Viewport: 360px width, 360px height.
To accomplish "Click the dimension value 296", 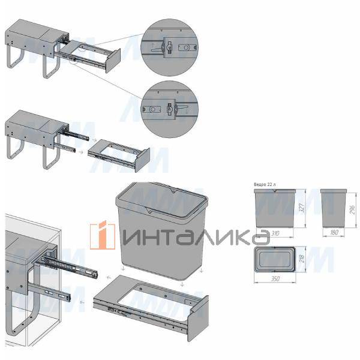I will tap(353, 208).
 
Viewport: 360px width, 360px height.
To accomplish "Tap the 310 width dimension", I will tap(275, 231).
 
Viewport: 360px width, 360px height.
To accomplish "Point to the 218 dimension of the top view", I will tap(301, 260).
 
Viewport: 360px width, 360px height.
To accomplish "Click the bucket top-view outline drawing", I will tap(275, 260).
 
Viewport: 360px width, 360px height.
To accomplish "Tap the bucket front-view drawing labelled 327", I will tap(275, 208).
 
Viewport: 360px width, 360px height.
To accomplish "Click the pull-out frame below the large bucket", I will tap(150, 306).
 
